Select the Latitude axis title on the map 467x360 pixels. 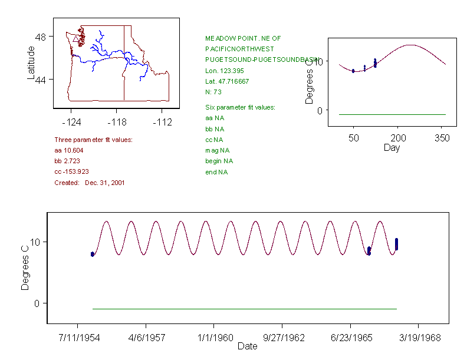(x=31, y=63)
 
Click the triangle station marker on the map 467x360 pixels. (x=76, y=39)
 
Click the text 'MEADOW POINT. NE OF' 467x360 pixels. (x=243, y=38)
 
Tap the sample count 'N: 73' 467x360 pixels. (x=213, y=92)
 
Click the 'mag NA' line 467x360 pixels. (x=215, y=150)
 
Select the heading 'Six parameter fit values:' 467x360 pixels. (x=240, y=107)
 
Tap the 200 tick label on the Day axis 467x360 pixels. (x=398, y=138)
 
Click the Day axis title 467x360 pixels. (x=392, y=148)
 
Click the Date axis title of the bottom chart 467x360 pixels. (x=247, y=346)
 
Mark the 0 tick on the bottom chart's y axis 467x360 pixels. (x=37, y=303)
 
